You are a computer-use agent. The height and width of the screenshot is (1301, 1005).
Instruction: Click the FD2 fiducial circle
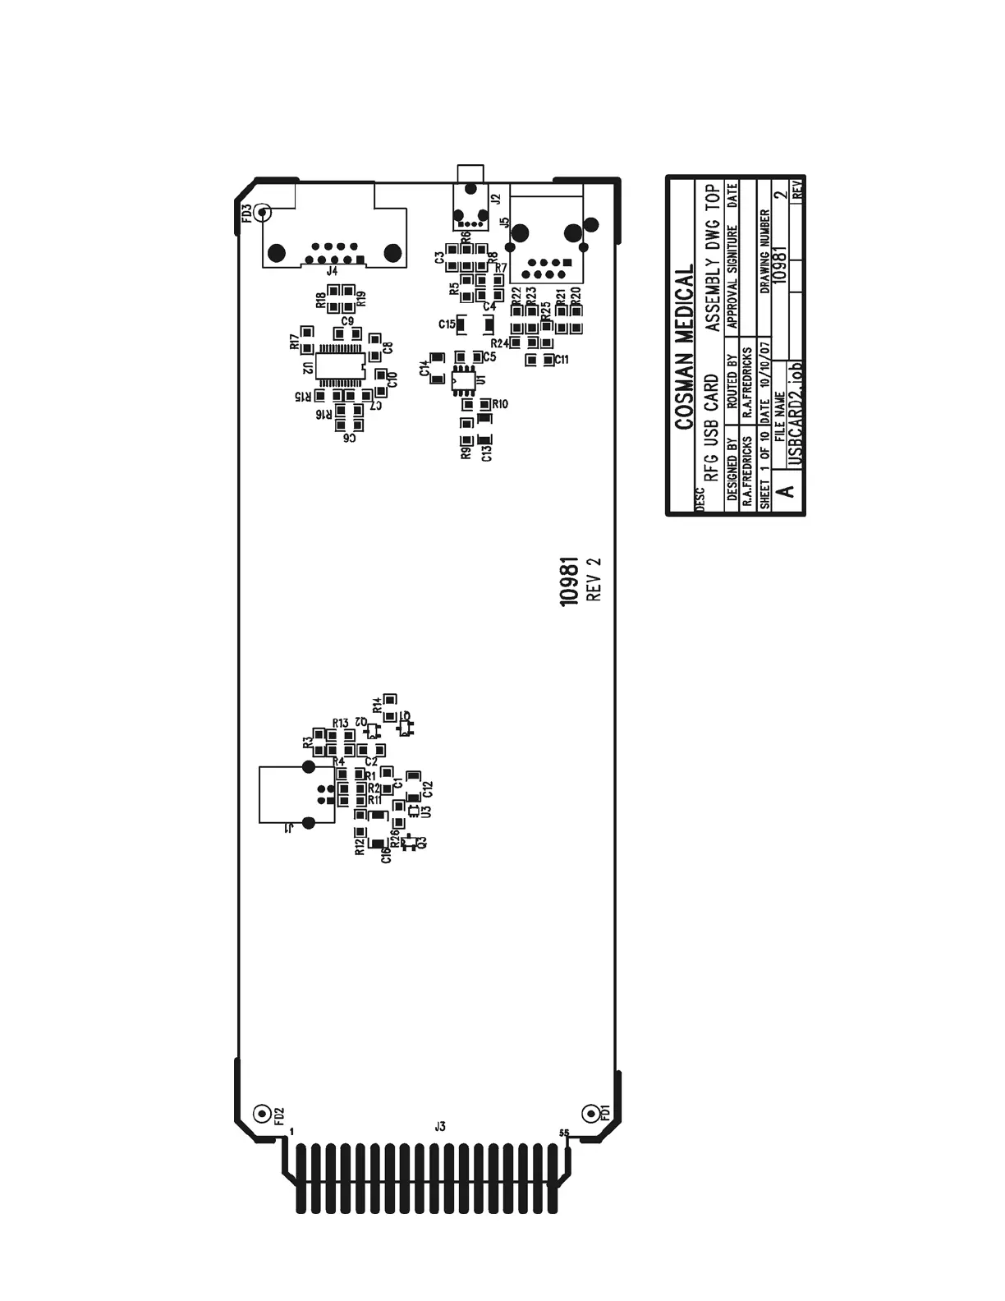(x=261, y=1114)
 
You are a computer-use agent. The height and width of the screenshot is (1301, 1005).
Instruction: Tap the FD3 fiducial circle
(x=262, y=214)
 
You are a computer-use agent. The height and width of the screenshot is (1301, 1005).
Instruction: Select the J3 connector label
(x=440, y=1127)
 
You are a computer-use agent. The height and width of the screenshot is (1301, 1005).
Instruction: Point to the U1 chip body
(x=462, y=380)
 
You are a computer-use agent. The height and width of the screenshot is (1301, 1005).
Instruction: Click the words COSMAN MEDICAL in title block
(x=684, y=346)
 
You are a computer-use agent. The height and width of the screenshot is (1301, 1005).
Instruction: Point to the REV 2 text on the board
(x=594, y=580)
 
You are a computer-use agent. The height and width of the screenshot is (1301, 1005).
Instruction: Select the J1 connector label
(x=289, y=829)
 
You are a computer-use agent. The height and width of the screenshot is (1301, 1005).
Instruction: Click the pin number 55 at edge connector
(x=564, y=1133)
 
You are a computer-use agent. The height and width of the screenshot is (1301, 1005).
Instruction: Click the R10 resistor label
(x=499, y=404)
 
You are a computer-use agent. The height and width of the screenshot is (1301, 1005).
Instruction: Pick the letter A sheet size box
(x=786, y=492)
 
